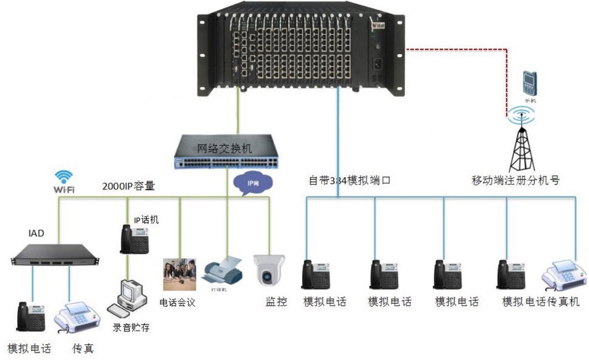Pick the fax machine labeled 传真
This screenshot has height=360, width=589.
click(x=75, y=318)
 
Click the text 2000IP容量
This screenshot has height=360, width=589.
click(x=129, y=186)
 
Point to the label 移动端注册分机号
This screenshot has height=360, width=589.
click(x=516, y=181)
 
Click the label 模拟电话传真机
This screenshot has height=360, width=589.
click(x=540, y=302)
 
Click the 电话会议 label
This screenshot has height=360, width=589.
click(x=177, y=302)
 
